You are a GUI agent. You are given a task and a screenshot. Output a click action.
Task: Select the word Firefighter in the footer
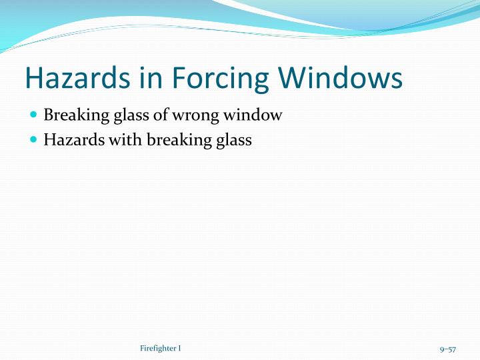[x=158, y=349]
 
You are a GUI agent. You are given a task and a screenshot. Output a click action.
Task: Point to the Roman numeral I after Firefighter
[x=179, y=349]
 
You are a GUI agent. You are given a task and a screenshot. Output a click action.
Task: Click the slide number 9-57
[x=447, y=349]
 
